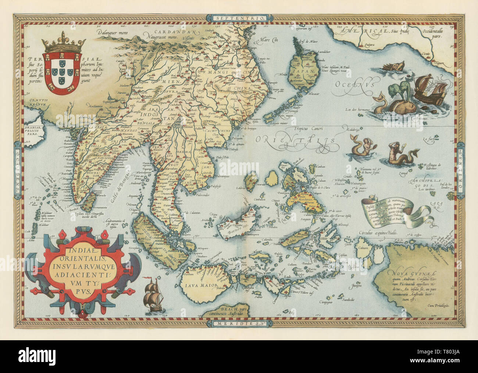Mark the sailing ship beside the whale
pos(430,88)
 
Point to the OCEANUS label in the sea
pos(354,85)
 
